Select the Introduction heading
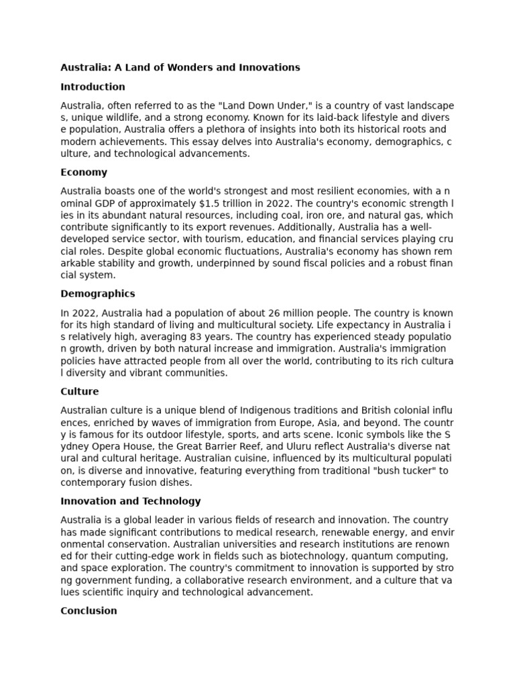pyautogui.click(x=93, y=87)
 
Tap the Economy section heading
pyautogui.click(x=84, y=172)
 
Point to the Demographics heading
pyautogui.click(x=98, y=294)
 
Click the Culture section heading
pyautogui.click(x=80, y=392)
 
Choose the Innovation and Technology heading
pyautogui.click(x=131, y=501)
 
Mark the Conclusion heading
pyautogui.click(x=89, y=611)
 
